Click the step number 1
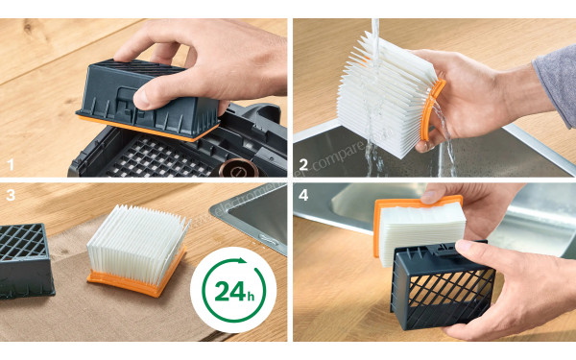(x=11, y=164)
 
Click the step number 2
(x=303, y=164)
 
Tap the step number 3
(x=11, y=195)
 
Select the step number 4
(x=303, y=195)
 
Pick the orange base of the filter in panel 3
(x=134, y=281)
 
